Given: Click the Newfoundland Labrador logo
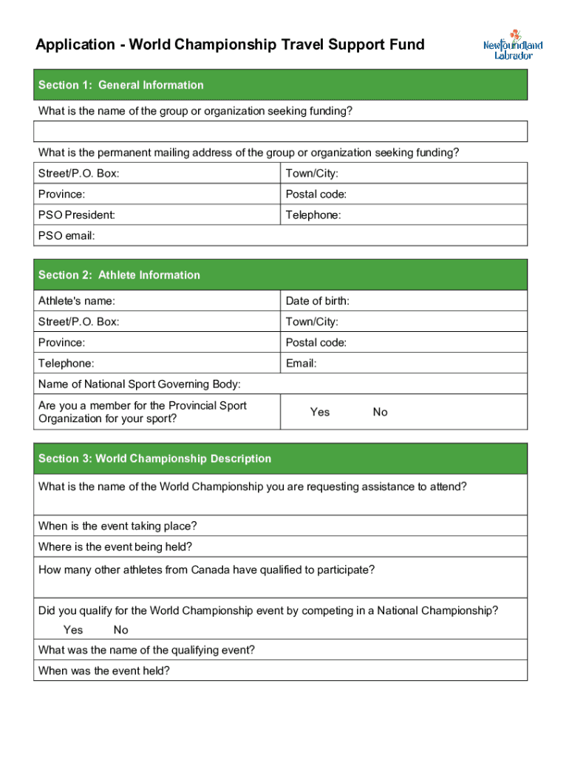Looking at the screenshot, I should point(513,45).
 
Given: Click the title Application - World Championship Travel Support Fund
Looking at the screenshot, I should point(230,45).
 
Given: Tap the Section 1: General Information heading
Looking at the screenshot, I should point(121,85).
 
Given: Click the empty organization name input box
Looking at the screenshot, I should point(280,132).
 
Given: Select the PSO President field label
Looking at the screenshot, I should point(77,215).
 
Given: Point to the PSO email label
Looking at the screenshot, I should point(67,236).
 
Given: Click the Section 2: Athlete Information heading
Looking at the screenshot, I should point(119,275).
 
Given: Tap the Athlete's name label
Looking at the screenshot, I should point(77,301).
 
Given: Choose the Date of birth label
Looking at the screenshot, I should point(317,301).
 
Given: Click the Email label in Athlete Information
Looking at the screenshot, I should point(301,363).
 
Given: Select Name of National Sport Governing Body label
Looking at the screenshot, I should point(139,384).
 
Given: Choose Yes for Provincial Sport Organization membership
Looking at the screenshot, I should point(320,412).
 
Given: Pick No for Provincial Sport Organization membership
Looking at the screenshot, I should point(380,412).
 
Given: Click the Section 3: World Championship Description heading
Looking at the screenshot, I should point(154,458).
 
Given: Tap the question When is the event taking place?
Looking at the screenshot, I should point(117,526).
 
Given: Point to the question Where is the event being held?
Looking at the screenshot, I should point(115,547).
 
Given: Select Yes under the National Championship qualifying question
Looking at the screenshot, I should point(73,630).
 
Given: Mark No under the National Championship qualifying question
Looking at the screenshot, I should point(120,630).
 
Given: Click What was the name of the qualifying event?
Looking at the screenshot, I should point(146,651).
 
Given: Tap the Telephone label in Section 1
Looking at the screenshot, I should point(313,215).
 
